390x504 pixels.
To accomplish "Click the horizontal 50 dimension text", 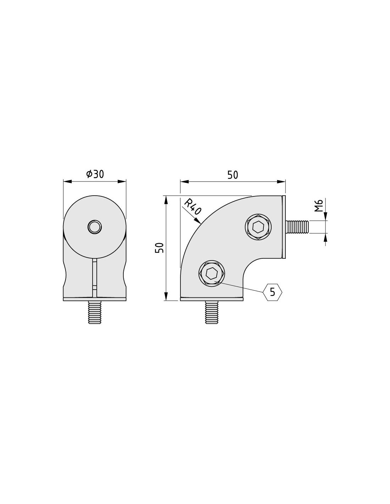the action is (233, 175).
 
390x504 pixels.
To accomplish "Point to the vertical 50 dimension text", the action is (160, 248).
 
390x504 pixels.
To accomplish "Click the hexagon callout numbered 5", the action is (273, 292).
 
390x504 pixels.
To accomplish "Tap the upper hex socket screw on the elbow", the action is (258, 227).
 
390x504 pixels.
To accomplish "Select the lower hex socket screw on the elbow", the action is (212, 273).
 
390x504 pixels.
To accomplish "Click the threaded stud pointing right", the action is (297, 227).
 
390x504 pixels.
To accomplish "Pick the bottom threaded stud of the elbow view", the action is (212, 312).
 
